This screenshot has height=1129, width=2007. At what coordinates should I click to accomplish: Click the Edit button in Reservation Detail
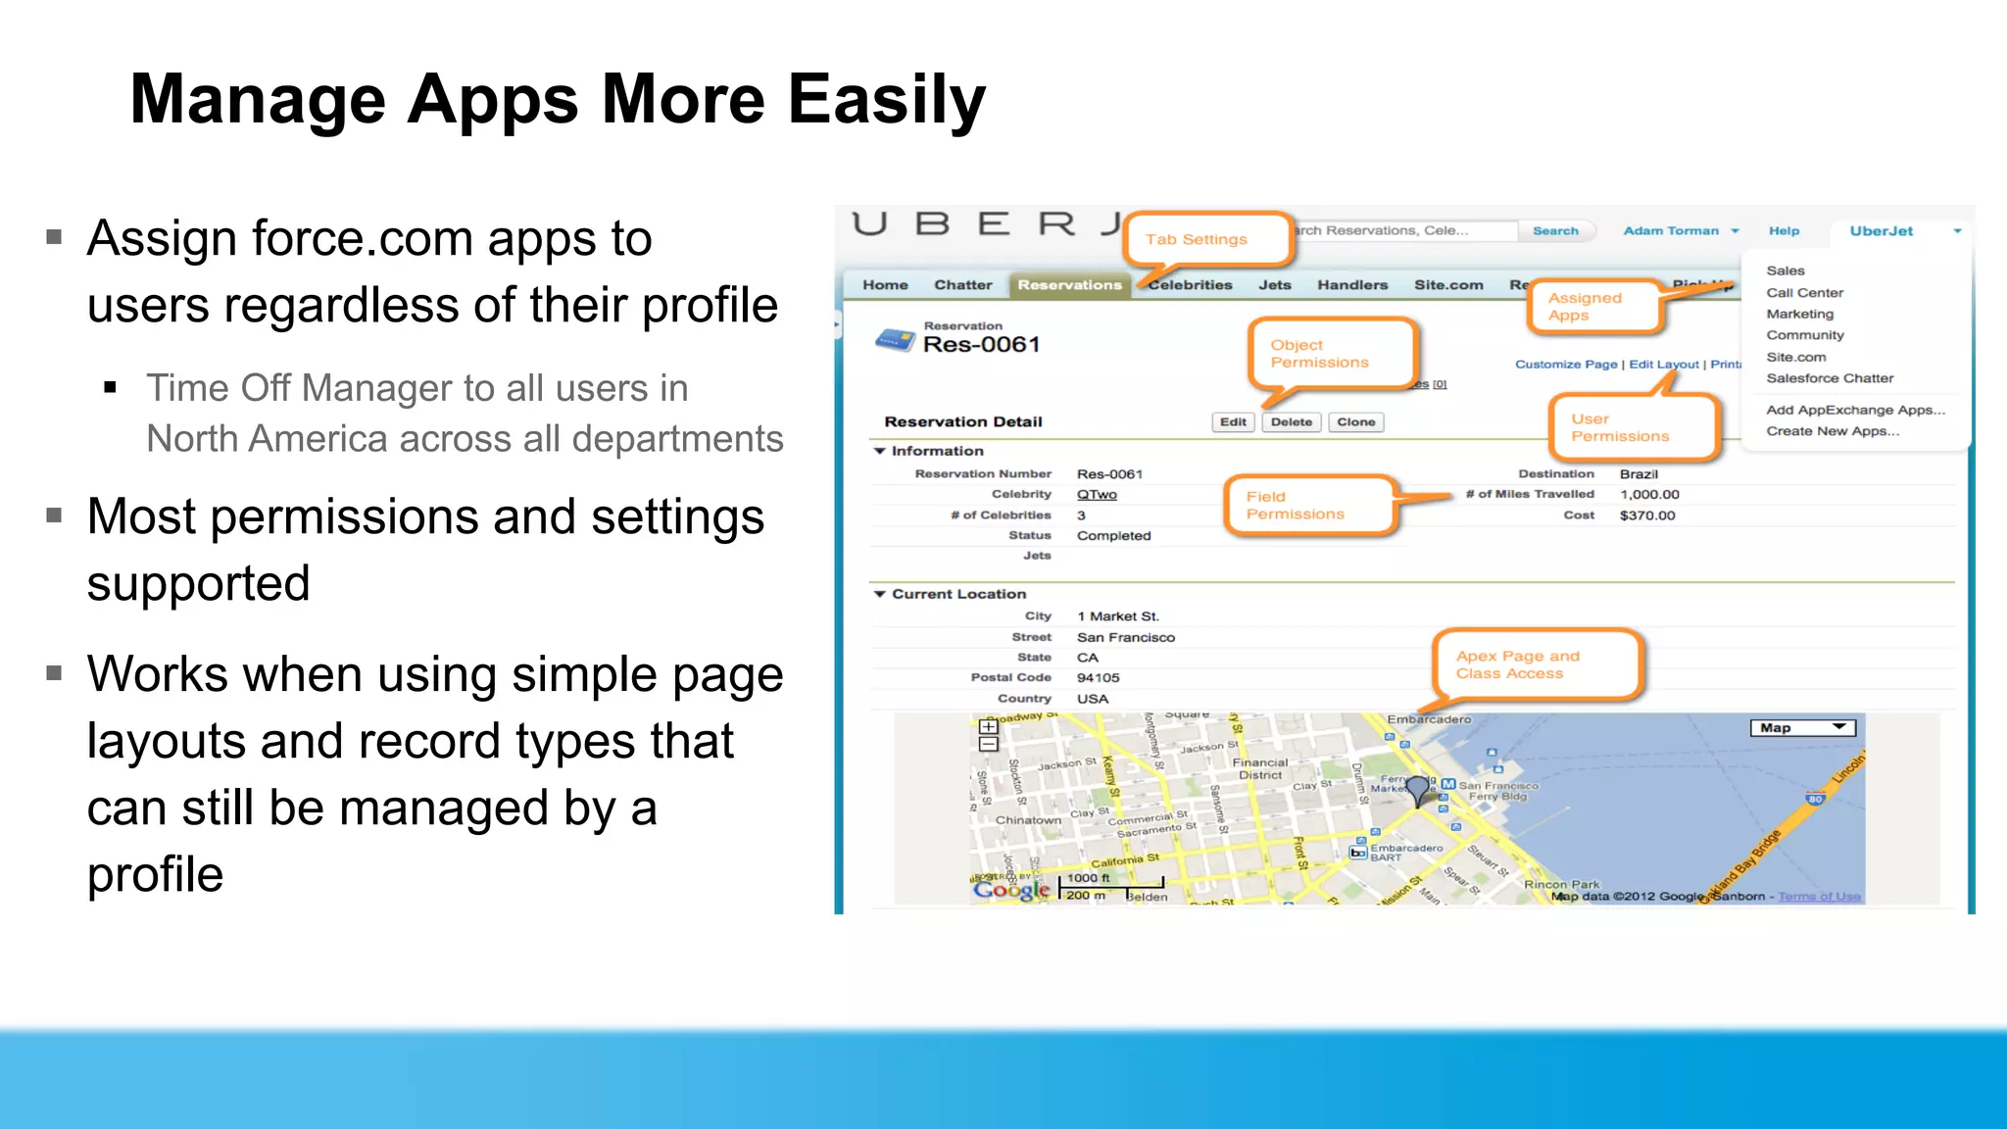pos(1233,422)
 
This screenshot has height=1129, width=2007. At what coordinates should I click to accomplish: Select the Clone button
pos(1355,422)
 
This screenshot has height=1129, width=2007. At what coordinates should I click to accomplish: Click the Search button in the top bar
pos(1555,231)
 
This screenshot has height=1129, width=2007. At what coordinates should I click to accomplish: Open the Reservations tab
pos(1069,285)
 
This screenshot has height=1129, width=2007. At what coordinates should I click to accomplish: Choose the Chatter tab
pos(962,285)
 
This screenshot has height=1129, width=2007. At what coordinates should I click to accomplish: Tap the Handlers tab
pos(1352,285)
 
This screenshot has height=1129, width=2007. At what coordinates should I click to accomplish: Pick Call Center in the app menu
pos(1804,293)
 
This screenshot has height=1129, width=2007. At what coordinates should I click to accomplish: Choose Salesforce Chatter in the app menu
pos(1830,378)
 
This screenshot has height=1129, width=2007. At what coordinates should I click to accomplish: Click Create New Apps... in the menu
pos(1833,431)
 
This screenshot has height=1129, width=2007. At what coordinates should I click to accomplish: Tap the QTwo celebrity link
pos(1097,495)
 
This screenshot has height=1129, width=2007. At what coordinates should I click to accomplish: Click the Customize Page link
pos(1566,365)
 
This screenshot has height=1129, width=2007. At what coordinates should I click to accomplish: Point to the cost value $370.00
pos(1647,515)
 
